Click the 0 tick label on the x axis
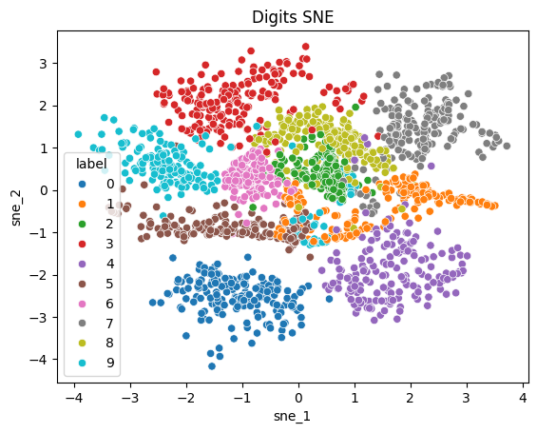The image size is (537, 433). click(298, 399)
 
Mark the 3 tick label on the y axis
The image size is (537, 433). click(43, 64)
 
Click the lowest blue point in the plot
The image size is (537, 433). click(212, 365)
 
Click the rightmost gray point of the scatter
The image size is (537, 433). click(507, 147)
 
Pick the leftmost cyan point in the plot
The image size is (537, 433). click(79, 134)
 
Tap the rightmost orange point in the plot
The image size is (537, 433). click(494, 205)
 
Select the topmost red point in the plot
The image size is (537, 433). click(305, 46)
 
